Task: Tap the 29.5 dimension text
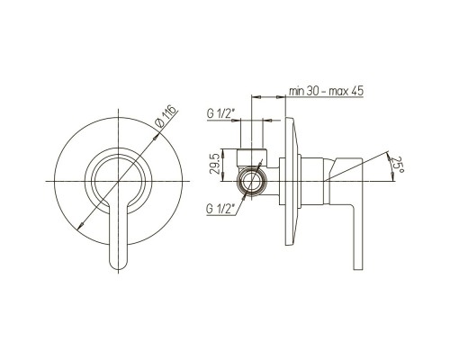(x=215, y=165)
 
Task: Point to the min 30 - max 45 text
(x=326, y=91)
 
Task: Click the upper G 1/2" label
(x=220, y=114)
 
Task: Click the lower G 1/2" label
(x=220, y=209)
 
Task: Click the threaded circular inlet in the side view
(x=251, y=181)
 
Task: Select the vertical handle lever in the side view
(x=358, y=237)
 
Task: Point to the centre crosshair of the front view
(x=119, y=181)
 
